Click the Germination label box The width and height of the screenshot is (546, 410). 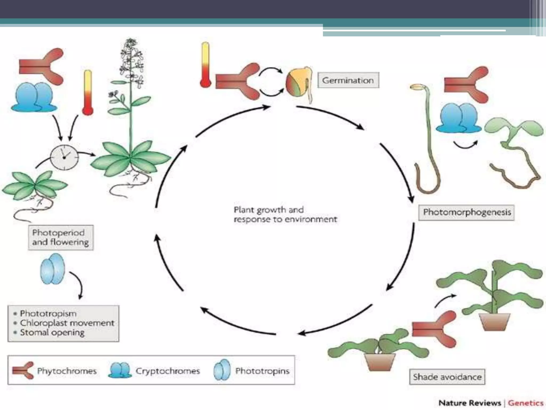click(348, 80)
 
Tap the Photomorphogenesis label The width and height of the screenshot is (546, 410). click(467, 212)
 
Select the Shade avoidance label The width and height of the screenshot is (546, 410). click(447, 377)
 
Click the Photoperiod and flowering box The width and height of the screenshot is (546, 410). click(61, 237)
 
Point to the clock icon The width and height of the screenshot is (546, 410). click(64, 157)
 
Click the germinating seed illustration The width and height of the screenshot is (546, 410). click(297, 84)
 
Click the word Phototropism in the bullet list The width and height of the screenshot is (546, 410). click(48, 313)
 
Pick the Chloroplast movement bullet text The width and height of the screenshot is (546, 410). click(67, 323)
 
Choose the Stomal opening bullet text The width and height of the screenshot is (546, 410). click(52, 333)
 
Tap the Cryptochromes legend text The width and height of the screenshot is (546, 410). click(168, 371)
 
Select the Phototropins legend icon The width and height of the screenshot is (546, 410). click(222, 370)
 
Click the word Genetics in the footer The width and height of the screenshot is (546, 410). click(525, 403)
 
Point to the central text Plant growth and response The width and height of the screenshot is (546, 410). click(285, 214)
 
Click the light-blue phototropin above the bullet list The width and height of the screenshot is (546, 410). click(53, 269)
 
